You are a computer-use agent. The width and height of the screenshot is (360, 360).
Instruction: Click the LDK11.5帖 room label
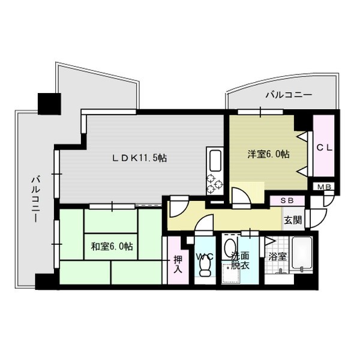coord(139,158)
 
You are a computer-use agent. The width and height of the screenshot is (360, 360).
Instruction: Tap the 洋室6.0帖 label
coord(268,154)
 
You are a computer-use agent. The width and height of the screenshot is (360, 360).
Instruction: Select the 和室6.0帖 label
coord(112,247)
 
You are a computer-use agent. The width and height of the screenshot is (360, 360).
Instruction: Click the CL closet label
coord(325,148)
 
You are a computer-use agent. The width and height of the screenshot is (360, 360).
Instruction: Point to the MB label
coord(324,187)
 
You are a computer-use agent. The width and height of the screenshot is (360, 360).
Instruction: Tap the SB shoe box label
coord(287,200)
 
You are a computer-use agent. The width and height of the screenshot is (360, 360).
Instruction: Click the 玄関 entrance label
coord(293,221)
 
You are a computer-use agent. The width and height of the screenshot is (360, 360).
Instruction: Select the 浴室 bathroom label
coord(278,257)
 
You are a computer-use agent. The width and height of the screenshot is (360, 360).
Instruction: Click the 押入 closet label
coord(178,264)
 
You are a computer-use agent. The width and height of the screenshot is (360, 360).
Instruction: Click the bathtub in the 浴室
coord(302,255)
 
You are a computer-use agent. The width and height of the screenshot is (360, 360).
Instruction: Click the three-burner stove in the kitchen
coord(215,184)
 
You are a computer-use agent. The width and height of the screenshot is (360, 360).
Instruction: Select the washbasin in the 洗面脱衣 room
coord(229,247)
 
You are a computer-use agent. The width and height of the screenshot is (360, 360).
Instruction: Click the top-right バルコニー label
coord(289,95)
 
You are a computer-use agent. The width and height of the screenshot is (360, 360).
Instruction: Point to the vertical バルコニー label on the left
coord(36,199)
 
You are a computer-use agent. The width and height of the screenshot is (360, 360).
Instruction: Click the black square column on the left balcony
coord(49,104)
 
